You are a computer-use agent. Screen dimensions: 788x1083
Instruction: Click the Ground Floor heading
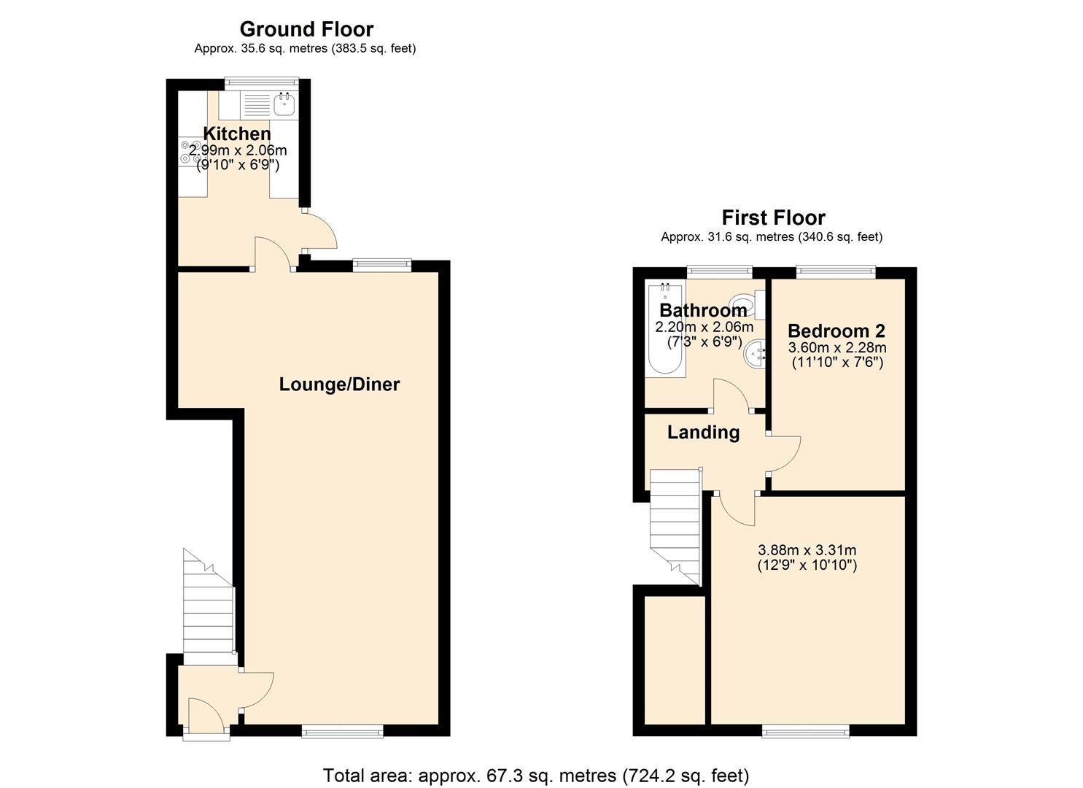click(x=306, y=29)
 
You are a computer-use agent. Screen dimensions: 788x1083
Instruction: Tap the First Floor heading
click(x=773, y=217)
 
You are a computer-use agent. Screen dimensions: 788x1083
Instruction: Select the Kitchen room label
click(x=236, y=134)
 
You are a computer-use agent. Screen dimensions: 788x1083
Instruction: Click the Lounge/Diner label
click(x=339, y=385)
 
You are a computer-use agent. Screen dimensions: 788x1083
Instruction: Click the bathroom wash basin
click(x=755, y=356)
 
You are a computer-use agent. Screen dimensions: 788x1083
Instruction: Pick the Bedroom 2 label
click(x=836, y=331)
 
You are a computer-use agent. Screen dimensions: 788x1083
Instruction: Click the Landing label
click(x=703, y=432)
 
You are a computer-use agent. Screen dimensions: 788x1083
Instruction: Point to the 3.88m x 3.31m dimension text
click(x=807, y=550)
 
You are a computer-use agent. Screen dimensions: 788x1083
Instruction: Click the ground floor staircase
click(x=207, y=613)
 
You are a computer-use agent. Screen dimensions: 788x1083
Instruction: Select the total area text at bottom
click(x=535, y=775)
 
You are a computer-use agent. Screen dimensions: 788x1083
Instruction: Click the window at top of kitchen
click(x=261, y=82)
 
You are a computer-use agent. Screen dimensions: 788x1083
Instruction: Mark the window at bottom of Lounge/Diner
click(x=342, y=730)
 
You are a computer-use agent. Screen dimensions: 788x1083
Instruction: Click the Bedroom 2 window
click(x=836, y=271)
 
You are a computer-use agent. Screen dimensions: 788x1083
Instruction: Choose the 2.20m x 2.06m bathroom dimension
click(x=704, y=327)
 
